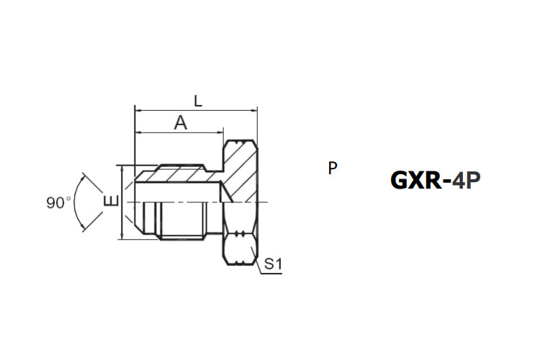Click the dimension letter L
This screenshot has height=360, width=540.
pyautogui.click(x=198, y=102)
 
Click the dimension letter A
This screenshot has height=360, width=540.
pyautogui.click(x=181, y=122)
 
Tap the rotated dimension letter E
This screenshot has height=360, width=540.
pyautogui.click(x=111, y=200)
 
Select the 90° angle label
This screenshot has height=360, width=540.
pyautogui.click(x=59, y=202)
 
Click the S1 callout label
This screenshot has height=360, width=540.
pyautogui.click(x=273, y=264)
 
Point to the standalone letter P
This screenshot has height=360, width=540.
pyautogui.click(x=333, y=168)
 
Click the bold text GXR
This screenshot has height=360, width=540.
pyautogui.click(x=416, y=180)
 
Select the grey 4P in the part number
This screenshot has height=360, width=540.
pyautogui.click(x=466, y=180)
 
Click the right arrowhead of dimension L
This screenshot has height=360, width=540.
pyautogui.click(x=253, y=111)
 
